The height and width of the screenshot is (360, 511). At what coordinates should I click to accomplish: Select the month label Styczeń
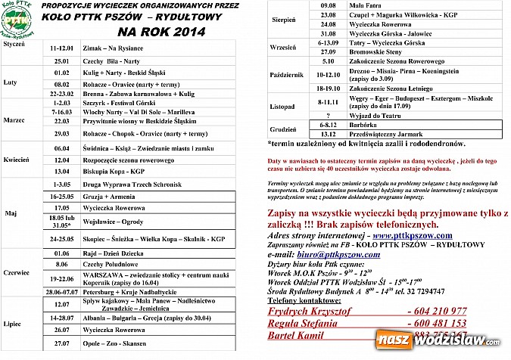coord(14,46)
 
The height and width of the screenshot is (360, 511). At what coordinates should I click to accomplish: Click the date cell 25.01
coord(62,60)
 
